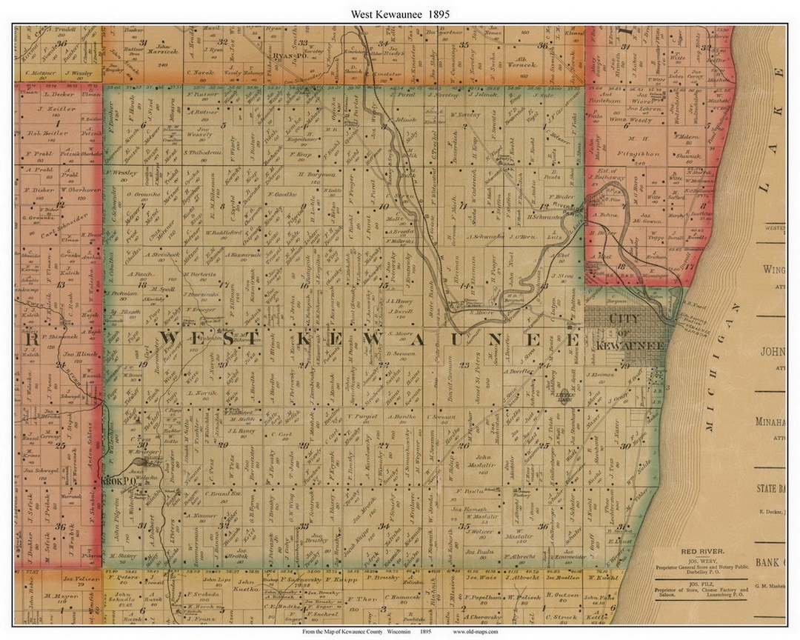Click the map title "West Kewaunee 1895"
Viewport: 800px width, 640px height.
click(400, 13)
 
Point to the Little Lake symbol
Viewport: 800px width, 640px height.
click(564, 396)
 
